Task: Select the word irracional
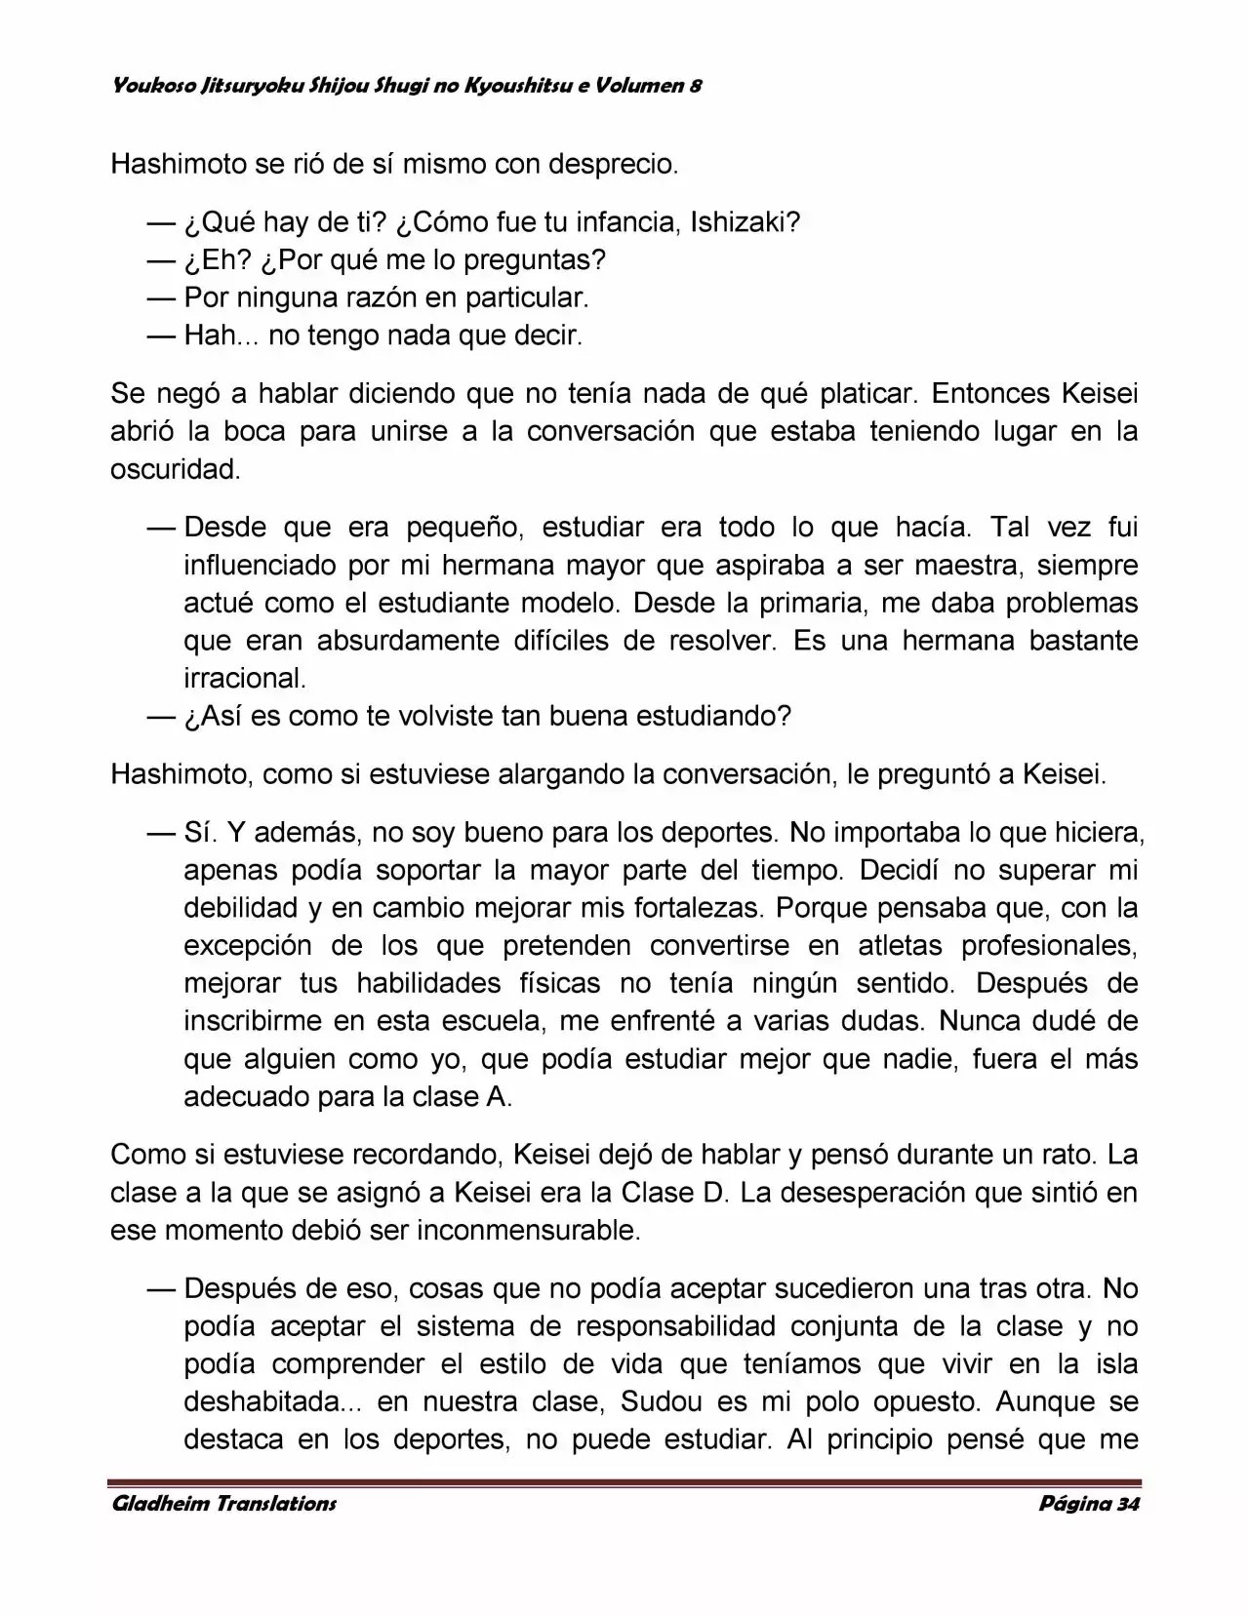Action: click(244, 678)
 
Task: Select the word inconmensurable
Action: click(528, 1230)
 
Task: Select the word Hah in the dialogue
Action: click(210, 335)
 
